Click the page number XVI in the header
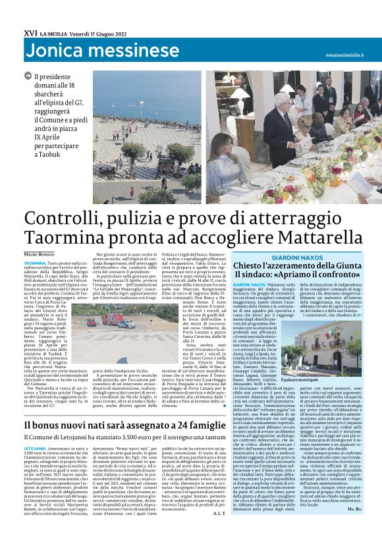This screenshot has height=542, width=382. pyautogui.click(x=30, y=32)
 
